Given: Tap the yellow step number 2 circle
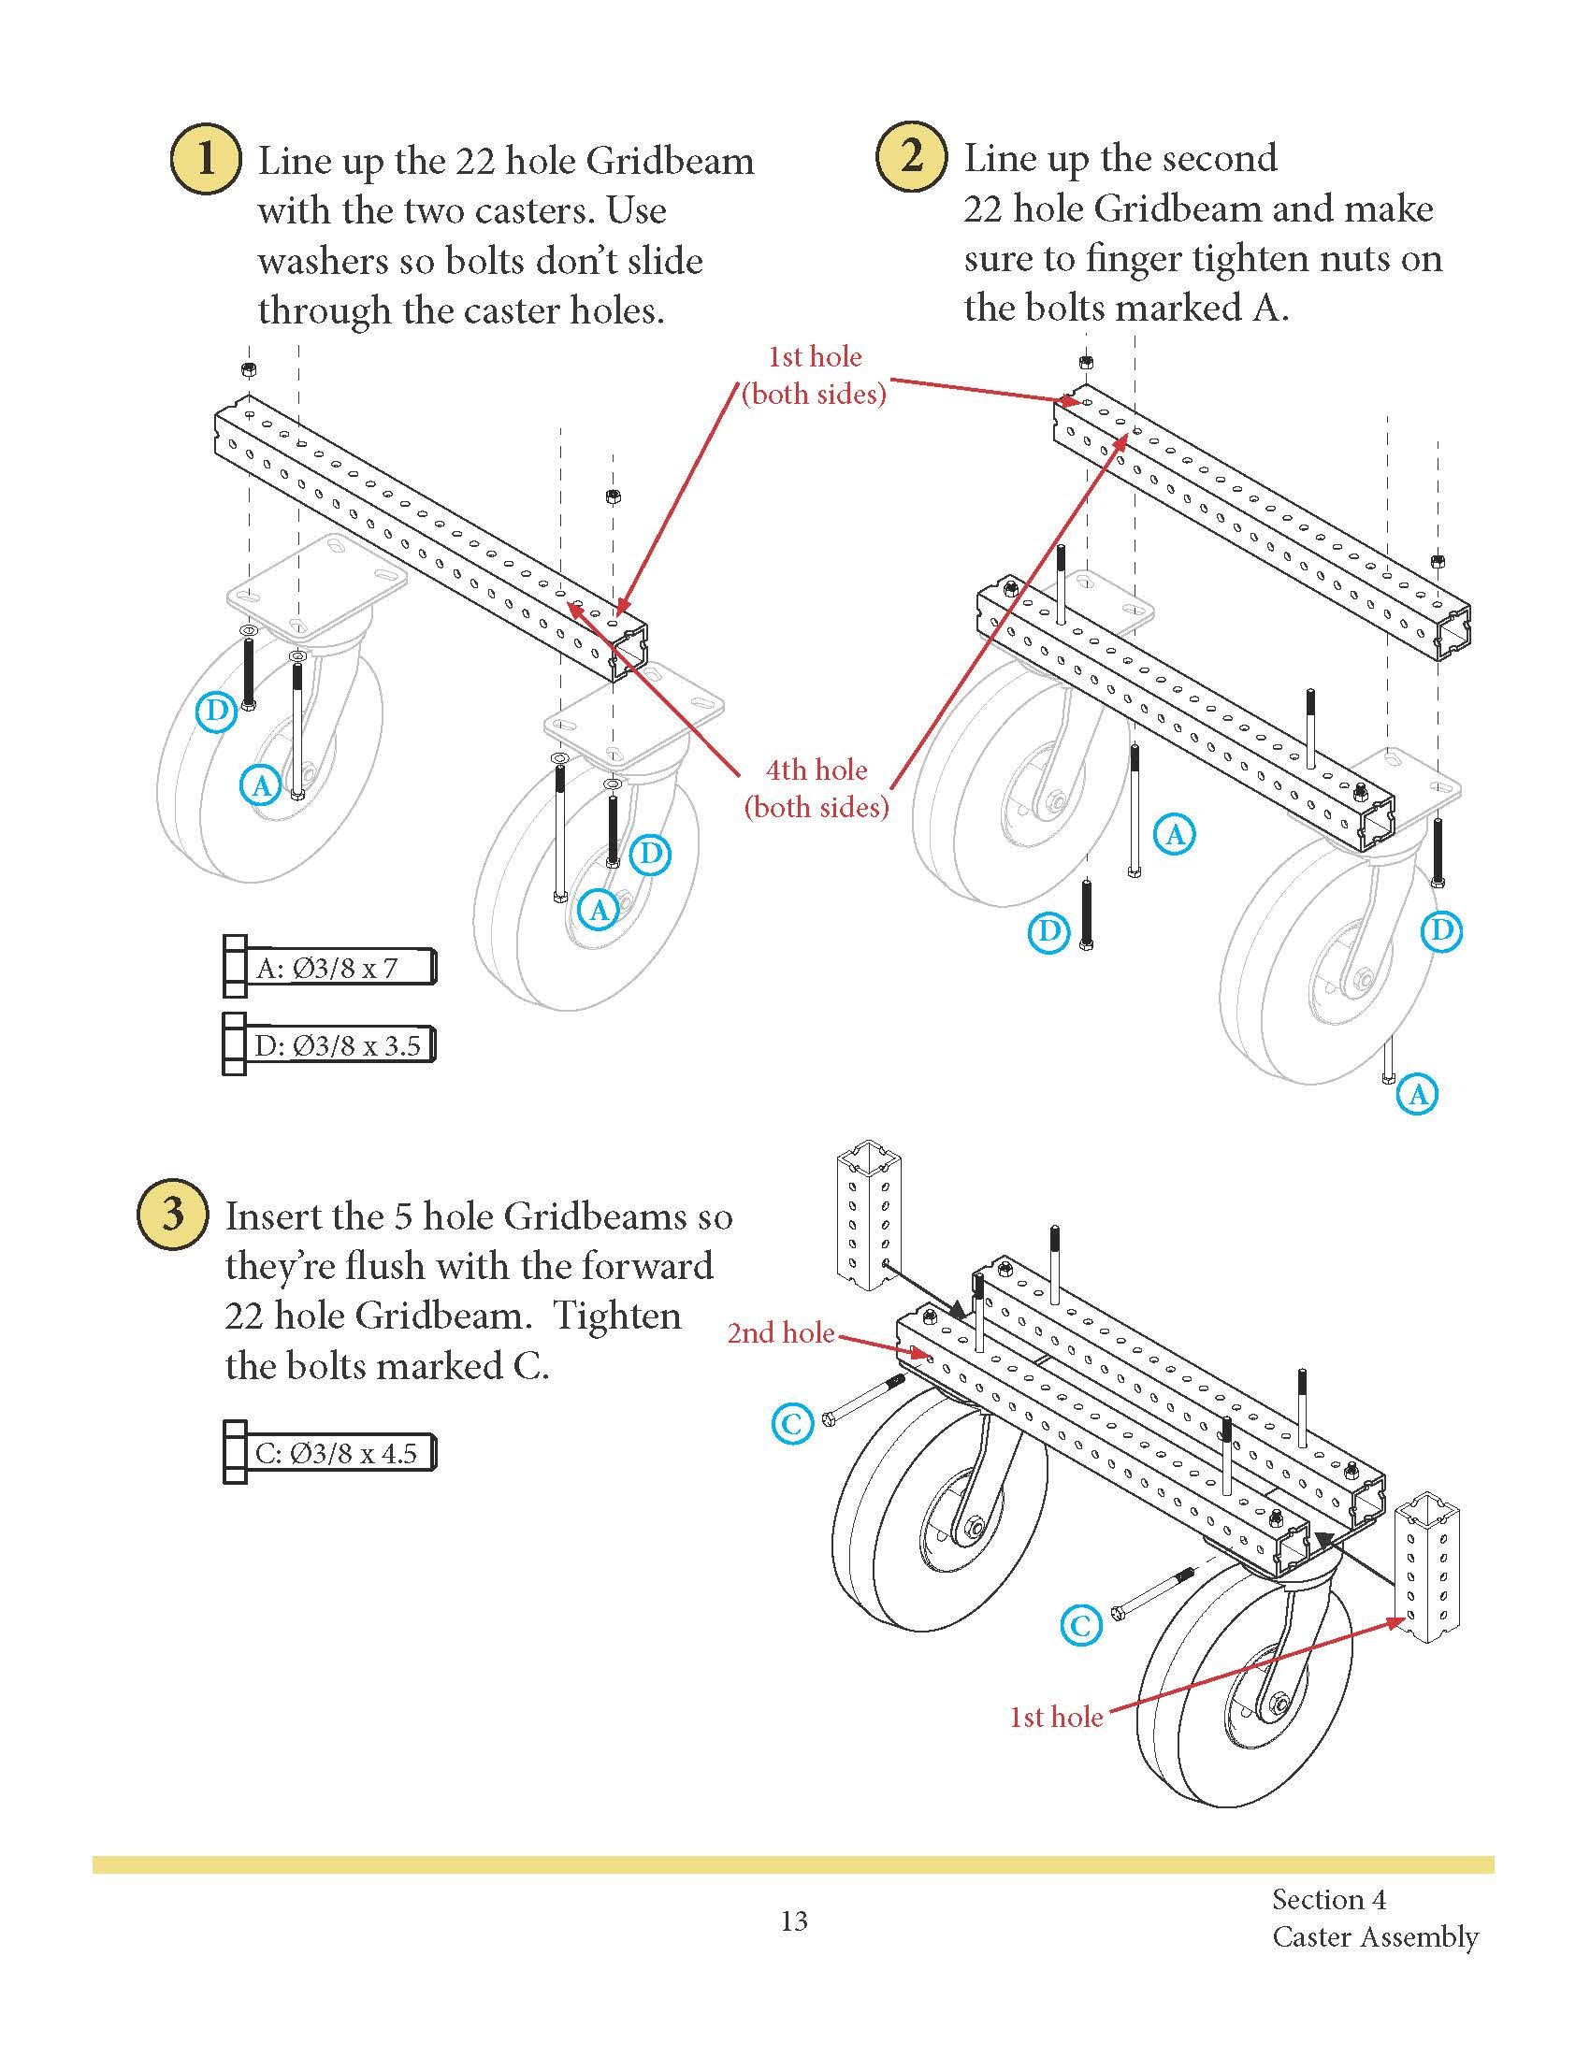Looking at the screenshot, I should point(911,155).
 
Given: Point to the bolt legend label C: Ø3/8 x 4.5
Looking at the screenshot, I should point(337,1453).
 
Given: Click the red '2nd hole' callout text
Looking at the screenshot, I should point(781,1332).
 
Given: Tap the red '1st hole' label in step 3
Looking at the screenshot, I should point(1056,1717).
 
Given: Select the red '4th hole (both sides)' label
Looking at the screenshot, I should point(816,788).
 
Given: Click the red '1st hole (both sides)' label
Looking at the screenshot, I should point(815,375).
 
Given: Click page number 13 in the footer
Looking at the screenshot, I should point(794,1920).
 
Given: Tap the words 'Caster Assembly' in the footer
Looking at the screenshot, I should point(1374,1937).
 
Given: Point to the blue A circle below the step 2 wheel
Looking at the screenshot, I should point(1418,1094).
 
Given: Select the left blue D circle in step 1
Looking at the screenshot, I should point(216,712).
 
